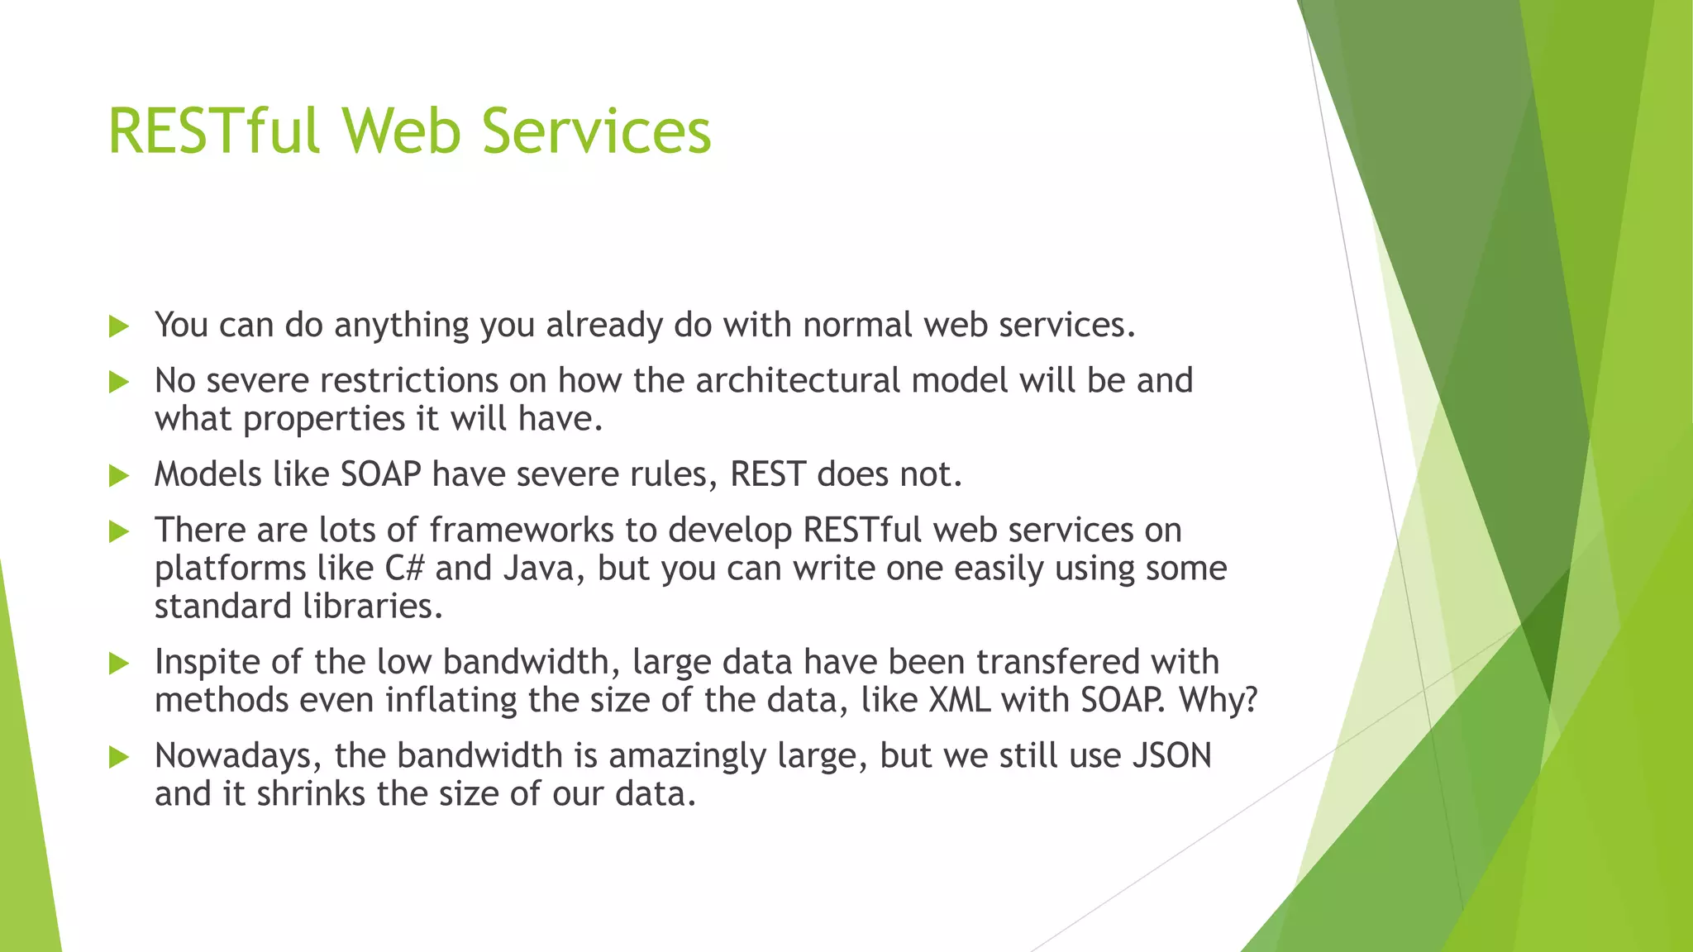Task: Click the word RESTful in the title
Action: click(x=213, y=131)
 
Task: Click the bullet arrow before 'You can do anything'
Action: click(x=119, y=326)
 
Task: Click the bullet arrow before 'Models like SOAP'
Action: click(x=119, y=476)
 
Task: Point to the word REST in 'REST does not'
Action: click(x=767, y=475)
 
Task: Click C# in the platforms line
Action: click(x=404, y=569)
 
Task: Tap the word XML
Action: click(x=959, y=701)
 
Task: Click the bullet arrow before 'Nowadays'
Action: click(x=119, y=757)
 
